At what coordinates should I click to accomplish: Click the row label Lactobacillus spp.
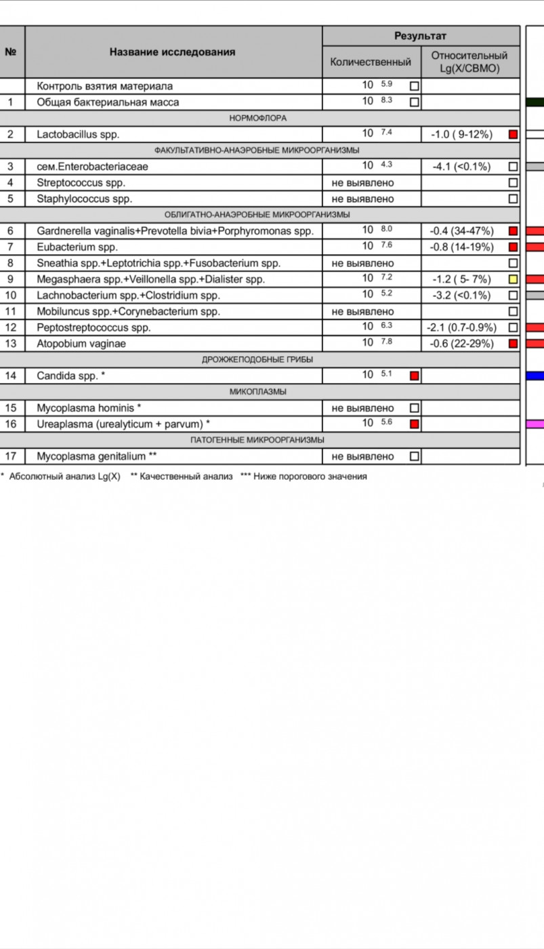click(x=78, y=134)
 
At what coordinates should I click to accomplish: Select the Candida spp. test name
click(x=71, y=376)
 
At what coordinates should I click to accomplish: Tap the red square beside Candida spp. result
click(x=415, y=376)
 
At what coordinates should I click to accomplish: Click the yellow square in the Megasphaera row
click(x=513, y=279)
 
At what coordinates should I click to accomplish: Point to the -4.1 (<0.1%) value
click(x=461, y=166)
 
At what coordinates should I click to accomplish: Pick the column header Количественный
click(x=371, y=62)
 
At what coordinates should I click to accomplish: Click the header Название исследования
click(x=173, y=52)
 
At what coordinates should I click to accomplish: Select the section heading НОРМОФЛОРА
click(x=258, y=118)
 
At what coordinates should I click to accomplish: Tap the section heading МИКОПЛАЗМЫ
click(x=258, y=392)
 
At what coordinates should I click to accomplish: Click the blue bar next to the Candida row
click(x=535, y=376)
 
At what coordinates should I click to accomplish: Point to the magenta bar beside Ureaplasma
click(x=535, y=424)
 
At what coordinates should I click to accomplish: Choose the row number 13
click(x=10, y=344)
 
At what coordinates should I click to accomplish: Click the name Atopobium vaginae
click(x=81, y=344)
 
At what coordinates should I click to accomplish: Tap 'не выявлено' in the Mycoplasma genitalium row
click(x=362, y=456)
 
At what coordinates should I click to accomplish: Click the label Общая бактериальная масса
click(x=108, y=102)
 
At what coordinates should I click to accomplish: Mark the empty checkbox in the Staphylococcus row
click(x=513, y=199)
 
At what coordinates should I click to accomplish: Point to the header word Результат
click(x=421, y=36)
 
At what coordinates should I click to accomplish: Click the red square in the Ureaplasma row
click(x=415, y=424)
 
